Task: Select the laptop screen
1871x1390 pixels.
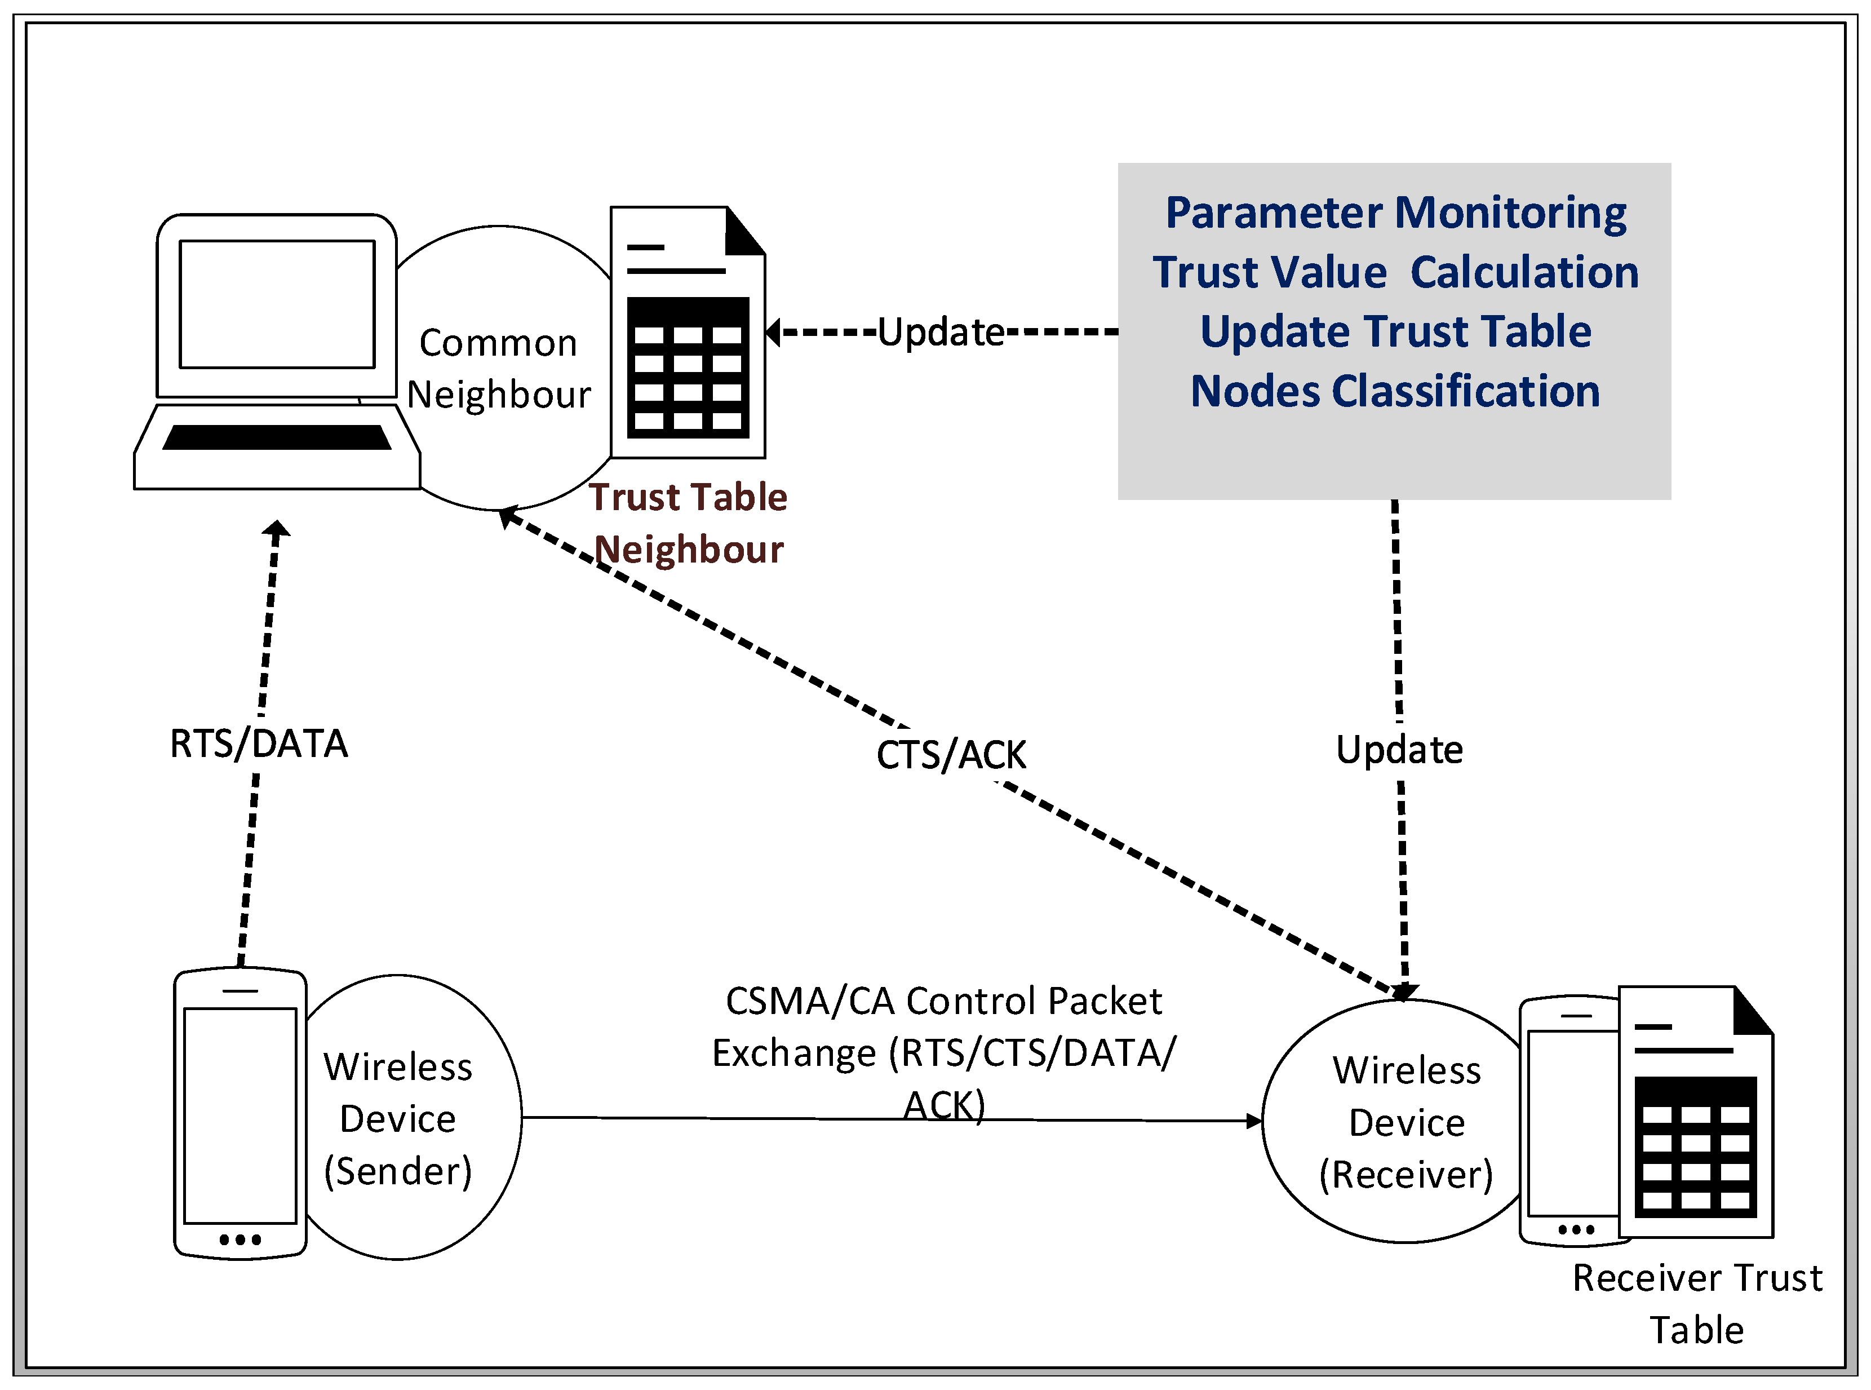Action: (x=277, y=304)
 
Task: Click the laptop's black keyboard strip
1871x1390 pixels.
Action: (x=277, y=437)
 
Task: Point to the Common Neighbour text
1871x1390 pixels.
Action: (x=498, y=369)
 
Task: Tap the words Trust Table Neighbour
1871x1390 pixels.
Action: (x=688, y=523)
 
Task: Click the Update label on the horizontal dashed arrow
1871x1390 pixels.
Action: (x=941, y=331)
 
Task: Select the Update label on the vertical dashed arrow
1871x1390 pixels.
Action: (x=1399, y=750)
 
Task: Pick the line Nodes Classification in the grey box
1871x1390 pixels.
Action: (x=1395, y=391)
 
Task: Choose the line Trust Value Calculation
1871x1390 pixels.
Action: (x=1395, y=272)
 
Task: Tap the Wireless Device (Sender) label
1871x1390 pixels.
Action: (x=398, y=1118)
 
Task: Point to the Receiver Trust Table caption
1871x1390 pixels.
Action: (x=1697, y=1303)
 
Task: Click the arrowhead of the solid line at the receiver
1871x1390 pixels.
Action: (x=1254, y=1121)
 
